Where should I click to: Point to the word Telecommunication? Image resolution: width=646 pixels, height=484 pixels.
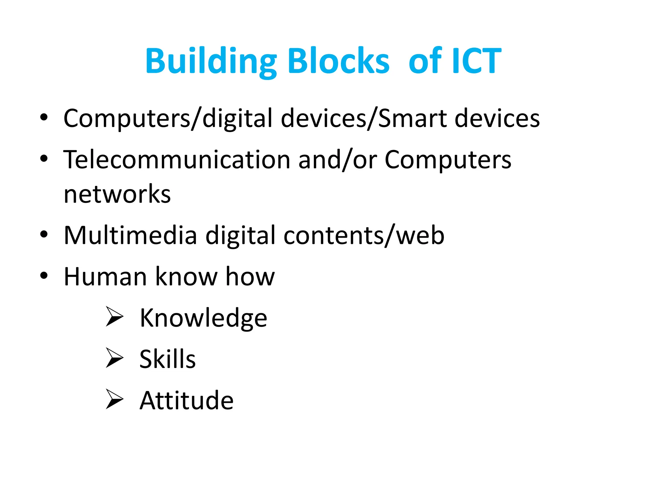point(177,159)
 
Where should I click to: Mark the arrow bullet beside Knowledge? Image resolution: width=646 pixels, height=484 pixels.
point(114,316)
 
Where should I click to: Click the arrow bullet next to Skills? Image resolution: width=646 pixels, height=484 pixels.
point(114,358)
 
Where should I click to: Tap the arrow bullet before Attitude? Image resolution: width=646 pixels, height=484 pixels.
point(114,399)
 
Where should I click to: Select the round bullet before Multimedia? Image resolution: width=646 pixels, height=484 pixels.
point(44,234)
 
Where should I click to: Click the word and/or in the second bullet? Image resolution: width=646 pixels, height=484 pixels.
point(338,159)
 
